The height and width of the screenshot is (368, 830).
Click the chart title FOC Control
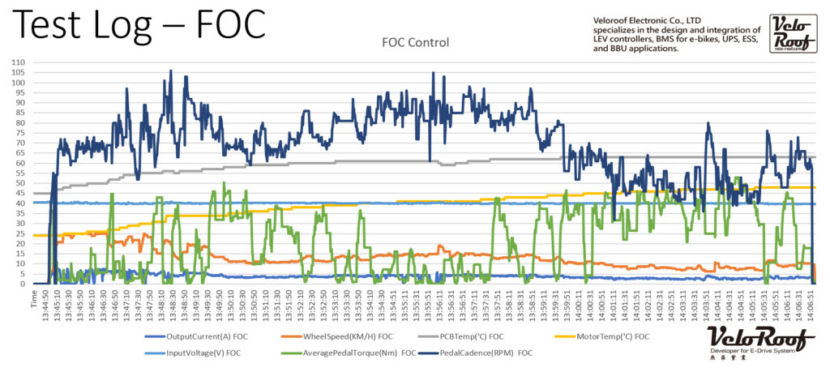(415, 41)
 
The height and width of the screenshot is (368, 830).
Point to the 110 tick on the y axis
(17, 62)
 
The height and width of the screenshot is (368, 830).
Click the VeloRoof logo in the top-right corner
(787, 34)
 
